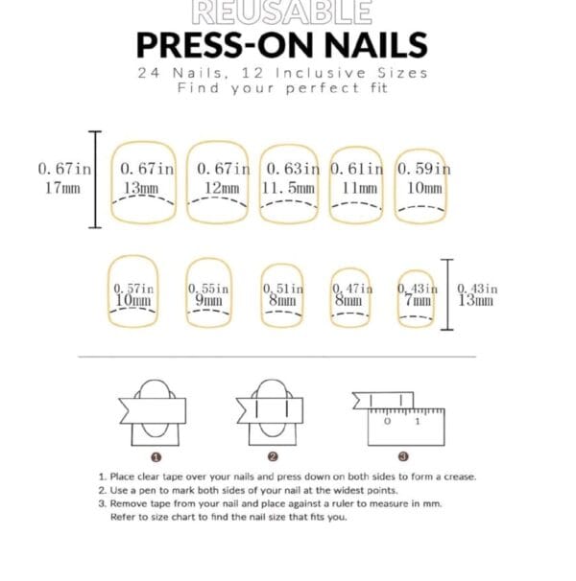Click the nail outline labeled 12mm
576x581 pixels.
tap(220, 181)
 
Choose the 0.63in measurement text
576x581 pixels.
tap(293, 169)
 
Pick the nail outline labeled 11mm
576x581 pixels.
tap(357, 181)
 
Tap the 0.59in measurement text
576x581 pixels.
tap(423, 169)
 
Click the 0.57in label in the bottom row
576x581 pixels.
tap(132, 288)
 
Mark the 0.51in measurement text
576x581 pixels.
tap(283, 288)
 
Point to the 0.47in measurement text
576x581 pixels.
tap(351, 288)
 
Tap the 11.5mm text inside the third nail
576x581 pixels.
tap(288, 188)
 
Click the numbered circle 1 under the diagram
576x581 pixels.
tap(155, 455)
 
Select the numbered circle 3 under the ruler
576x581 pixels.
tap(403, 455)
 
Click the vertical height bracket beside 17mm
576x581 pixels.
tap(94, 179)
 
